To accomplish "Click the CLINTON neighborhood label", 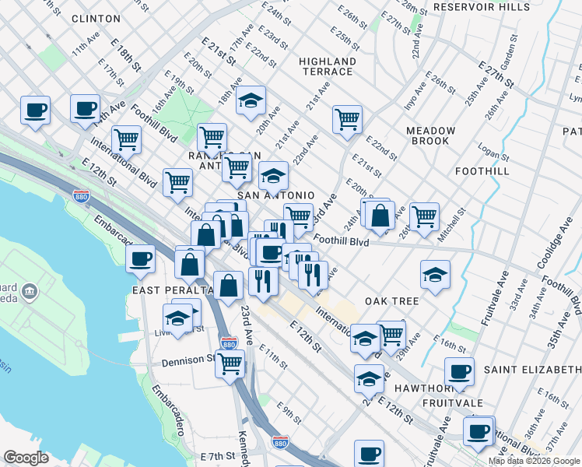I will click(96, 18).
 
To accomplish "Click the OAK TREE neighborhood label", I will click(391, 301).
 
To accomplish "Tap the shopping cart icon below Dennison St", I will click(230, 363).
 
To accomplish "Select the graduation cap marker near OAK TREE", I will click(435, 274).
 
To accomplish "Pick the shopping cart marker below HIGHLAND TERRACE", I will click(347, 119).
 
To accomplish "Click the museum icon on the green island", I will click(30, 293).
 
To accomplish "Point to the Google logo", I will click(26, 458).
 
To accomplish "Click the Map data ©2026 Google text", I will click(534, 461).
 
